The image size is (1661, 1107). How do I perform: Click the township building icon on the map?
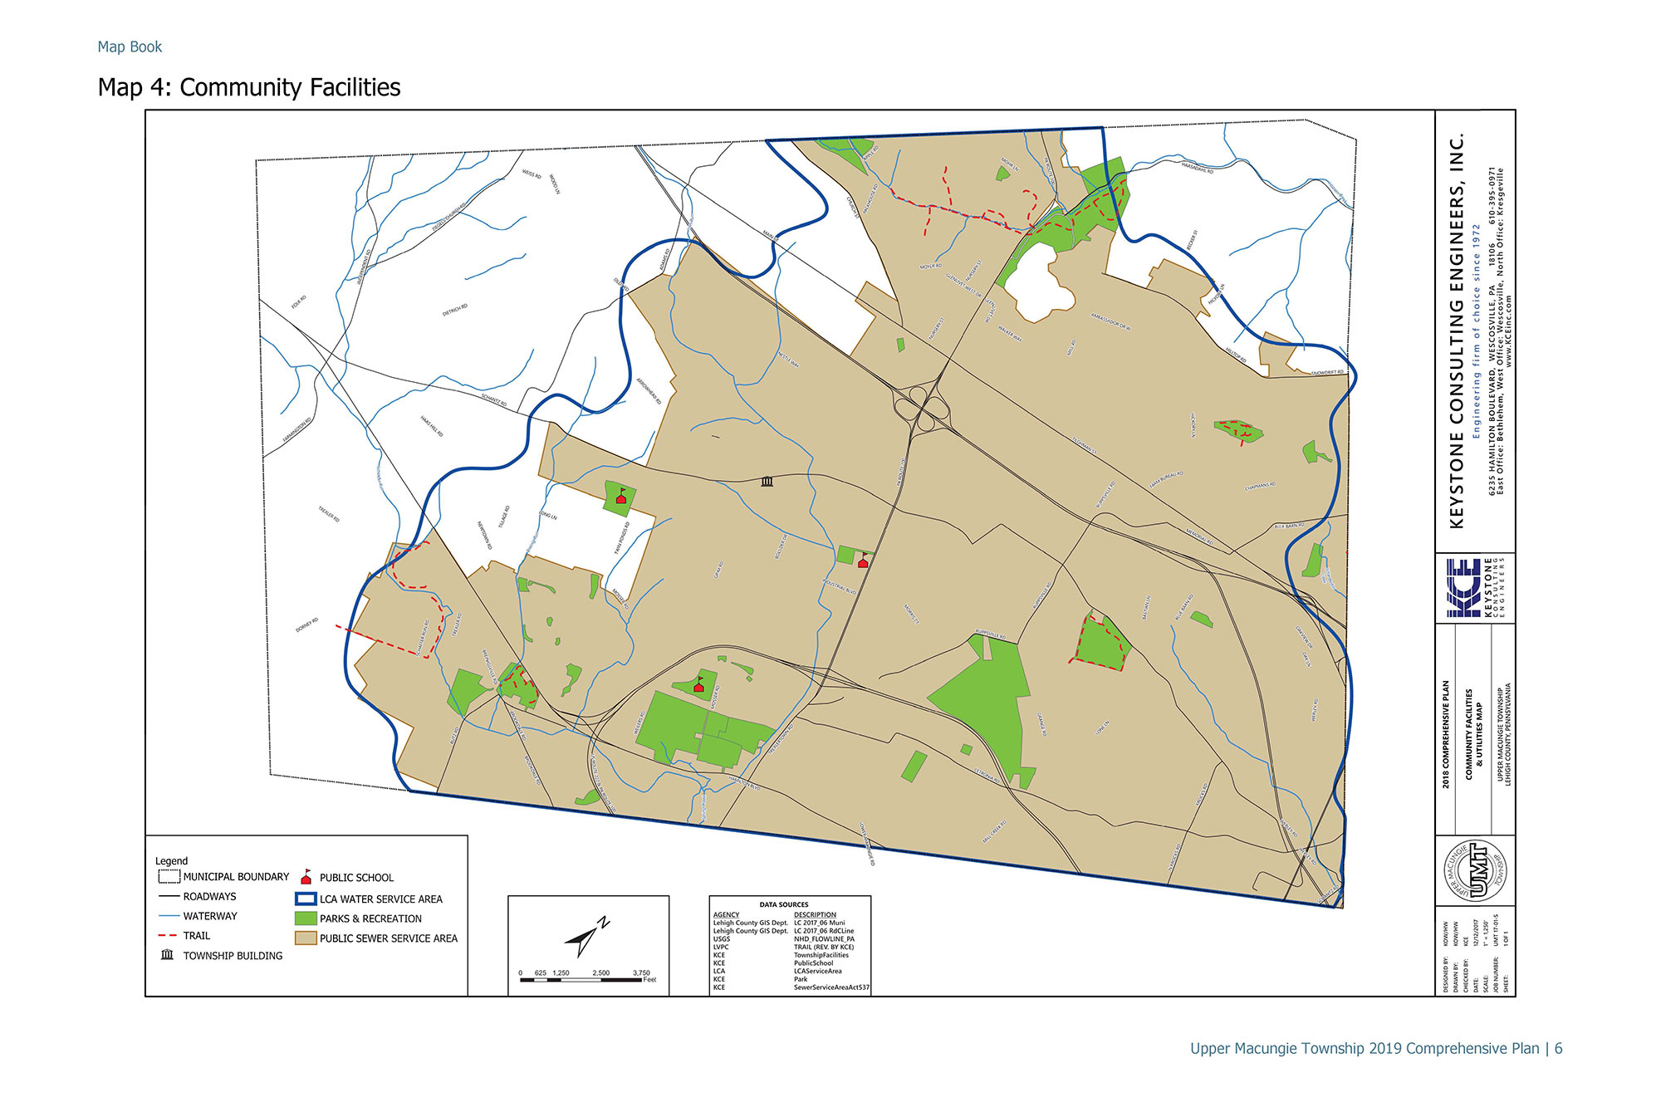767,482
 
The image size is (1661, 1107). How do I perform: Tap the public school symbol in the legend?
306,877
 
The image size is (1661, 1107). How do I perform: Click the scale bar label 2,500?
600,972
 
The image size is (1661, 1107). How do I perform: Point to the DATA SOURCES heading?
783,904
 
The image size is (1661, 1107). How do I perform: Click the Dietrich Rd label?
455,311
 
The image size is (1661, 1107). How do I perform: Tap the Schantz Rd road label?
493,399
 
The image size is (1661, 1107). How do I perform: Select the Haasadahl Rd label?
1197,167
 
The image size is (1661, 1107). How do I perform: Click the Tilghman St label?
1085,445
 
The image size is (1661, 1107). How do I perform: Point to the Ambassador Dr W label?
1110,322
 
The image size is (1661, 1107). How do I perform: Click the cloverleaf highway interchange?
921,407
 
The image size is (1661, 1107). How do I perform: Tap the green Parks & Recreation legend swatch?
306,918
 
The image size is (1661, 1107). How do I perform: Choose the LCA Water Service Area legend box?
306,899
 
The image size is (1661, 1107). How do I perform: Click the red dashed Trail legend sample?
167,935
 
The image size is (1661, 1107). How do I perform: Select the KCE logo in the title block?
1463,588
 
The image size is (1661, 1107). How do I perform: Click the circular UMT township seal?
1475,870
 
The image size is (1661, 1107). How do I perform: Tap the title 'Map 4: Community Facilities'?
249,87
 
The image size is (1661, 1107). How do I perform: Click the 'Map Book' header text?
130,47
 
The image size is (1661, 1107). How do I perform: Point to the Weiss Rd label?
532,175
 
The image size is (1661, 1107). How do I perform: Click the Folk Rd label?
299,301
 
